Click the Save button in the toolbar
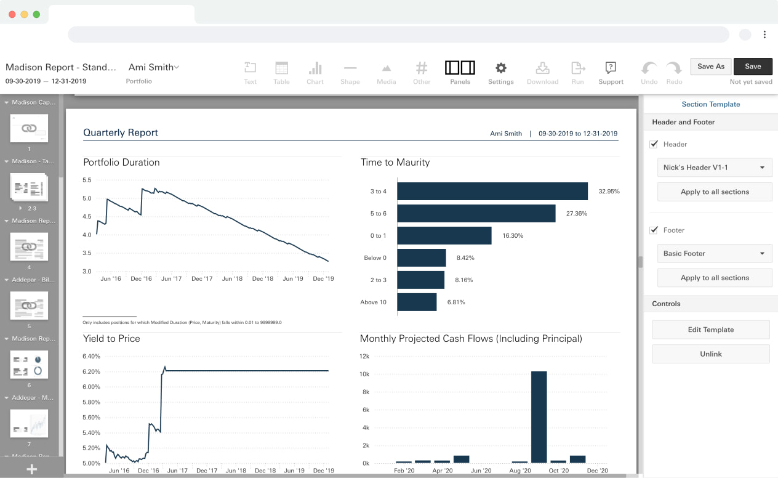point(753,67)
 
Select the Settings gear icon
point(501,68)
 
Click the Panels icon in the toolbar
point(460,68)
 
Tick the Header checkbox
point(654,144)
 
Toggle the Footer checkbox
point(654,230)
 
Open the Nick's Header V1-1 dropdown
point(715,168)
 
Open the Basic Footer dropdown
point(715,253)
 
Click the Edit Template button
point(711,330)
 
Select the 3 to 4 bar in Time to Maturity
point(492,192)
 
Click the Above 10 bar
point(417,302)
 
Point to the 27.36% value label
point(575,214)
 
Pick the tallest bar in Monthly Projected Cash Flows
point(539,416)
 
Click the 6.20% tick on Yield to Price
point(91,371)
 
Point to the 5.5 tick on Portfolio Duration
point(87,180)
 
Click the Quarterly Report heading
point(121,132)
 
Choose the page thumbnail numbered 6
point(29,365)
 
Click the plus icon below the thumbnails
point(32,469)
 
